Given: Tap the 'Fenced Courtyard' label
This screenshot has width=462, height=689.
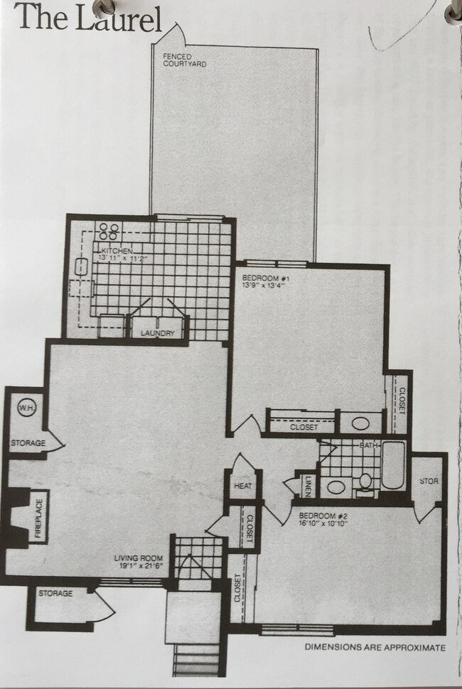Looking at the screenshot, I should coord(184,60).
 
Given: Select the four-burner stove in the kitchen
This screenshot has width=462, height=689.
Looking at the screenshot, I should coord(109,231).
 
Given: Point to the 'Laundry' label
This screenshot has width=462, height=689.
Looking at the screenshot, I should coord(157,333).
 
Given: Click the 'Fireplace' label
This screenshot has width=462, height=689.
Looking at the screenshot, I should coord(38,516).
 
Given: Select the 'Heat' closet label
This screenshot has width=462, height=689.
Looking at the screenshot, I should coord(242,486).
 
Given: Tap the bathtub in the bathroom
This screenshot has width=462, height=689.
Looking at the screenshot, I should coord(393,467).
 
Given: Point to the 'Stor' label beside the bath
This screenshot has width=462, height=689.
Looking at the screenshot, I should coord(429,481).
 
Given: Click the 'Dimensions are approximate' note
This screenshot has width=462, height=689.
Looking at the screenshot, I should coord(375,647).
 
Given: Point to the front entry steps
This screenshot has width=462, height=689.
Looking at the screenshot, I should coord(195,660).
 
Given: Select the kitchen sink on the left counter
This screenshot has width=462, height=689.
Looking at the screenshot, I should coord(81,268).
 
